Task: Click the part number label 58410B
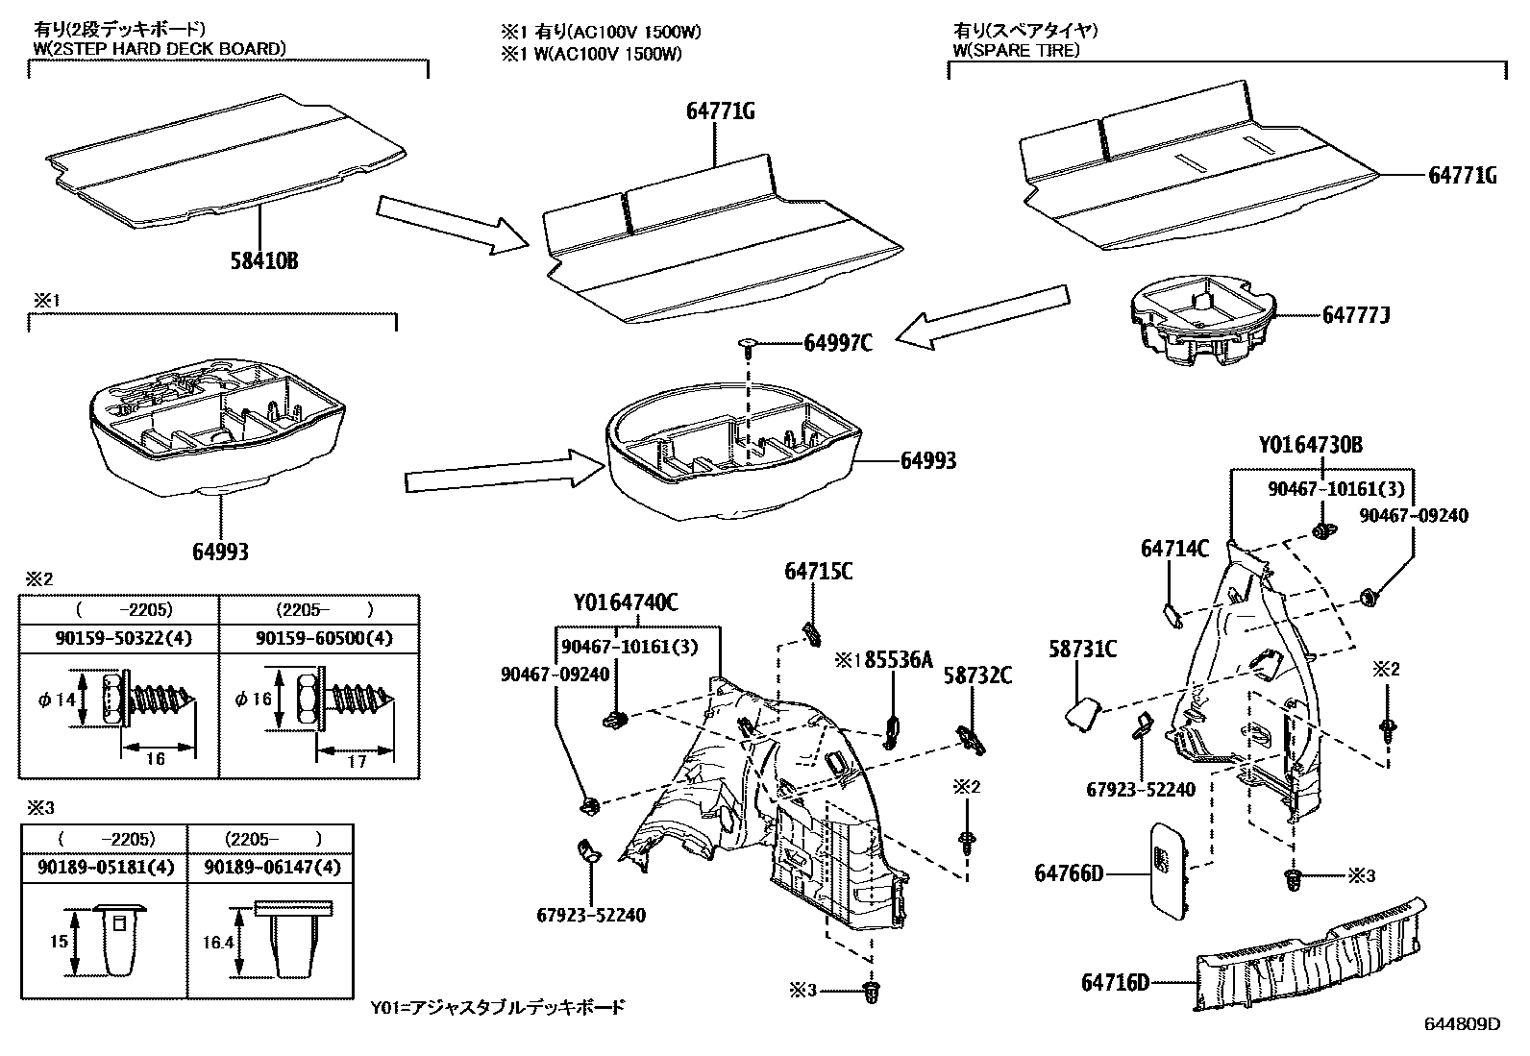pos(262,260)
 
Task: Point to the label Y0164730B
pos(1310,447)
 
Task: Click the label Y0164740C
pos(626,603)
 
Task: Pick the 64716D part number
pos(1115,982)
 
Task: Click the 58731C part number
pos(1081,651)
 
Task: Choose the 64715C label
pos(818,571)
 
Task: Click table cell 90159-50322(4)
pos(118,638)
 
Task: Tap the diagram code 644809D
pos(1461,1024)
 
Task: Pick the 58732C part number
pos(976,676)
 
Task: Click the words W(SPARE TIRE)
pos(1016,50)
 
